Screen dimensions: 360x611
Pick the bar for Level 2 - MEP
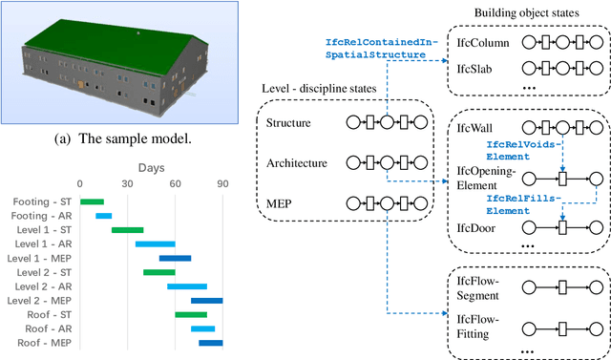click(206, 300)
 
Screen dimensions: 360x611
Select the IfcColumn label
click(482, 44)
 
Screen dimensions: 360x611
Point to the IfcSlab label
click(475, 70)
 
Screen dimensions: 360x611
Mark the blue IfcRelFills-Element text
click(521, 203)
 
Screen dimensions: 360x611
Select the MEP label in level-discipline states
click(278, 202)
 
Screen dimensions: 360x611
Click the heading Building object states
click(526, 11)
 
